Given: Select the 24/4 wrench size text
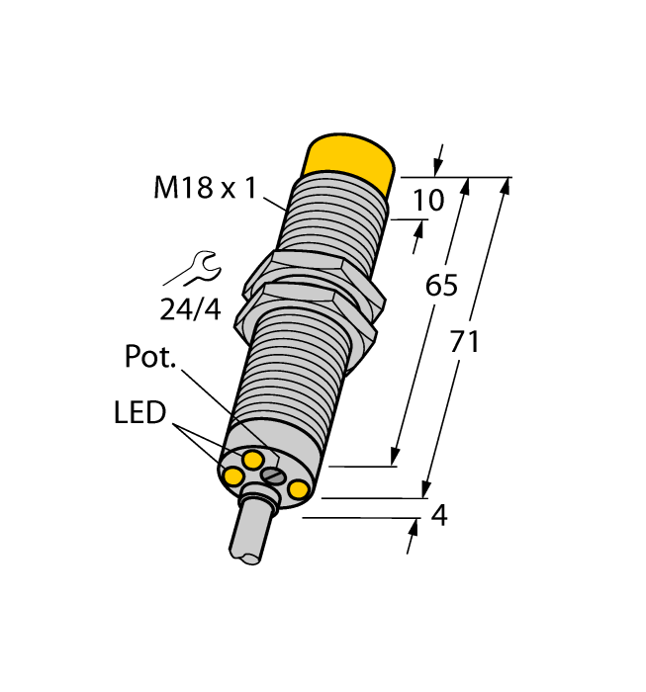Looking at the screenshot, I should click(190, 308).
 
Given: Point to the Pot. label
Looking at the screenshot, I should click(150, 357).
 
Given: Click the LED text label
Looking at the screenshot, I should click(139, 412).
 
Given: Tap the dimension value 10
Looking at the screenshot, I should click(428, 201).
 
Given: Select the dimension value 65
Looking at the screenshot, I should click(440, 286).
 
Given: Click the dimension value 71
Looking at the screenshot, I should click(464, 342).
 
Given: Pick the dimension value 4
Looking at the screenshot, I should click(439, 515).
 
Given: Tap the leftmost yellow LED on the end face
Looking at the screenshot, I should click(233, 477).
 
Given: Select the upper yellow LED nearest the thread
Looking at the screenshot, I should click(253, 459).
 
